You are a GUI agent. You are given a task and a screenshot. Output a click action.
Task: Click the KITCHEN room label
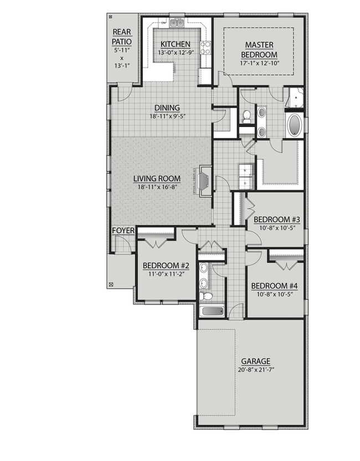[x=176, y=44]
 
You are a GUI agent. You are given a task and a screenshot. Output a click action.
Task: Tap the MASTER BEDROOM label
[x=259, y=49]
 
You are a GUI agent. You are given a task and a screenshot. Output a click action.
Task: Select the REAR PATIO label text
[x=122, y=37]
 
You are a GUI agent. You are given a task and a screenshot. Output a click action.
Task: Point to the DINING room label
[x=167, y=108]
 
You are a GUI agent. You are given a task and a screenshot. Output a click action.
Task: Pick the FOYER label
[x=123, y=230]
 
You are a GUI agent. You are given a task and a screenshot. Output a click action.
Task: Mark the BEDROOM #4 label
[x=275, y=286]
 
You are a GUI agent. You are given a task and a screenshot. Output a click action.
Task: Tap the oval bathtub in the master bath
[x=295, y=126]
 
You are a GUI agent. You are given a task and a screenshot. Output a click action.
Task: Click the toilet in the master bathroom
[x=247, y=116]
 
